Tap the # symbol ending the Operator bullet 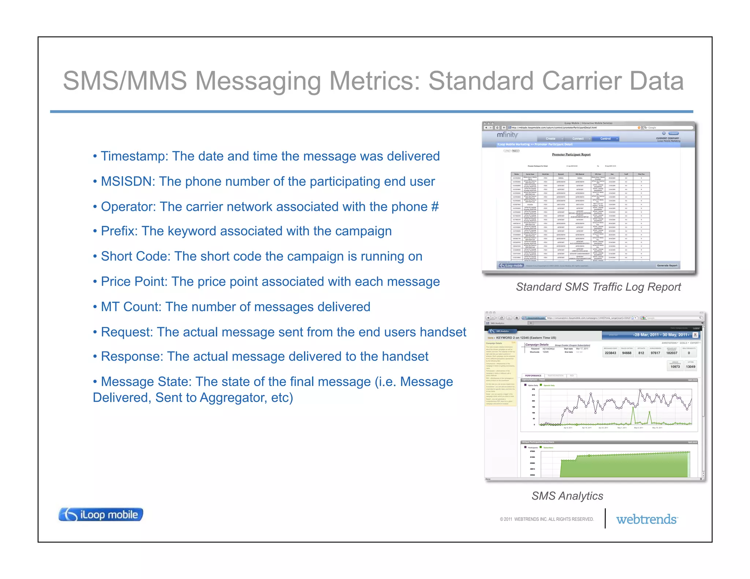435,207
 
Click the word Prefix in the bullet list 119,231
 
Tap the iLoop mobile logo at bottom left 101,515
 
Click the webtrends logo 647,519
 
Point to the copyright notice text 546,519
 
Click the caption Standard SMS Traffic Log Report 598,287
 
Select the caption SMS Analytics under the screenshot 567,496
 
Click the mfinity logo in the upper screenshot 507,135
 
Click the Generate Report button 667,265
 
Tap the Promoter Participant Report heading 571,154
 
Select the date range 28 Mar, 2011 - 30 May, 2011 661,335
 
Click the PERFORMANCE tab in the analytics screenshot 533,376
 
